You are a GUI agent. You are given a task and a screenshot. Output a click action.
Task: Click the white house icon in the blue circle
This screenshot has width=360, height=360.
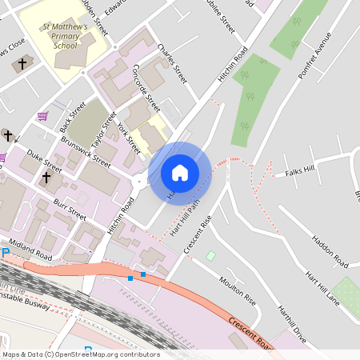[x=180, y=173]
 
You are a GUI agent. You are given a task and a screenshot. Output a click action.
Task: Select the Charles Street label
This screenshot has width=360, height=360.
[x=172, y=65]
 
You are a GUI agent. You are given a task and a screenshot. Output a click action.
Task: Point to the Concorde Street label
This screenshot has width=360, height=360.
[x=146, y=86]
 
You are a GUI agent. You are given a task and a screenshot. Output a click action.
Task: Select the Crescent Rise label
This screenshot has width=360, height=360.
[x=198, y=234]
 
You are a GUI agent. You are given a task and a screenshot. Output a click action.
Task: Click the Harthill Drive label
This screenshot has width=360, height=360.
[x=291, y=324]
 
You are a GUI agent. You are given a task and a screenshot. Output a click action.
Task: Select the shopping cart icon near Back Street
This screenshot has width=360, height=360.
[x=42, y=116]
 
